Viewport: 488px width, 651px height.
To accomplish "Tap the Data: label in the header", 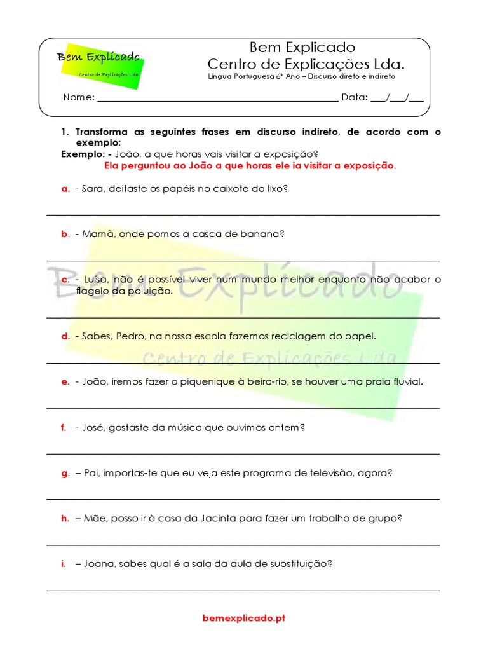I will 354,97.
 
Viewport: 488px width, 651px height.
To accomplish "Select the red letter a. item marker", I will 64,189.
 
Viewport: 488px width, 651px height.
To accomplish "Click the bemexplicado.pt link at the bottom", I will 244,618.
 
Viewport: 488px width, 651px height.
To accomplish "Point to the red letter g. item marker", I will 65,473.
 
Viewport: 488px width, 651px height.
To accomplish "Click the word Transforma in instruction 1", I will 101,132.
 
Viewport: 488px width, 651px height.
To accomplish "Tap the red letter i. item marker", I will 63,563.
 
